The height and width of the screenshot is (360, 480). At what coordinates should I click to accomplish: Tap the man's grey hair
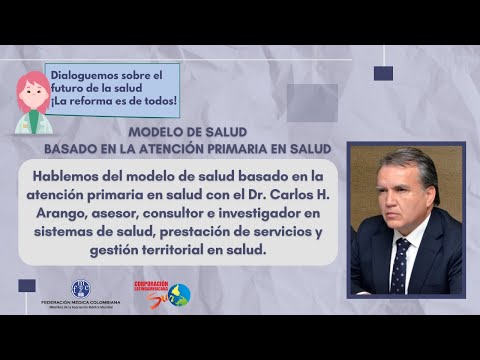(x=408, y=161)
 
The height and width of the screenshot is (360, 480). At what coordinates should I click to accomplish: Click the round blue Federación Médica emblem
(x=80, y=290)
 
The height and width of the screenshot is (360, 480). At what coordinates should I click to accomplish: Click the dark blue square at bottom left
(x=27, y=285)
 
